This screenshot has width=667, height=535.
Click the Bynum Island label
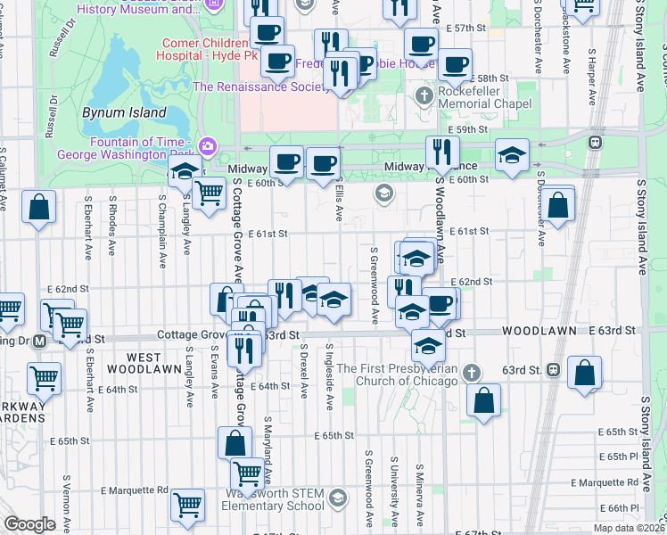(x=124, y=113)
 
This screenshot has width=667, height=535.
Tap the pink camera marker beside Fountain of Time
(x=208, y=145)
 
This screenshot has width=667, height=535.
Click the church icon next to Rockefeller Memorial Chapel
(x=424, y=95)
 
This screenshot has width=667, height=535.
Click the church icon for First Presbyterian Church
(x=473, y=372)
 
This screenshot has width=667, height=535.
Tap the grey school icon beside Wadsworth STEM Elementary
(x=337, y=498)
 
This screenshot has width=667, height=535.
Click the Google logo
(x=29, y=524)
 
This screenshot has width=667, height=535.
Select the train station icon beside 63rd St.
(x=553, y=368)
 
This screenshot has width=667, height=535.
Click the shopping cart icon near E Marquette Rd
(x=187, y=505)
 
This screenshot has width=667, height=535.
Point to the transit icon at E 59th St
(x=594, y=141)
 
